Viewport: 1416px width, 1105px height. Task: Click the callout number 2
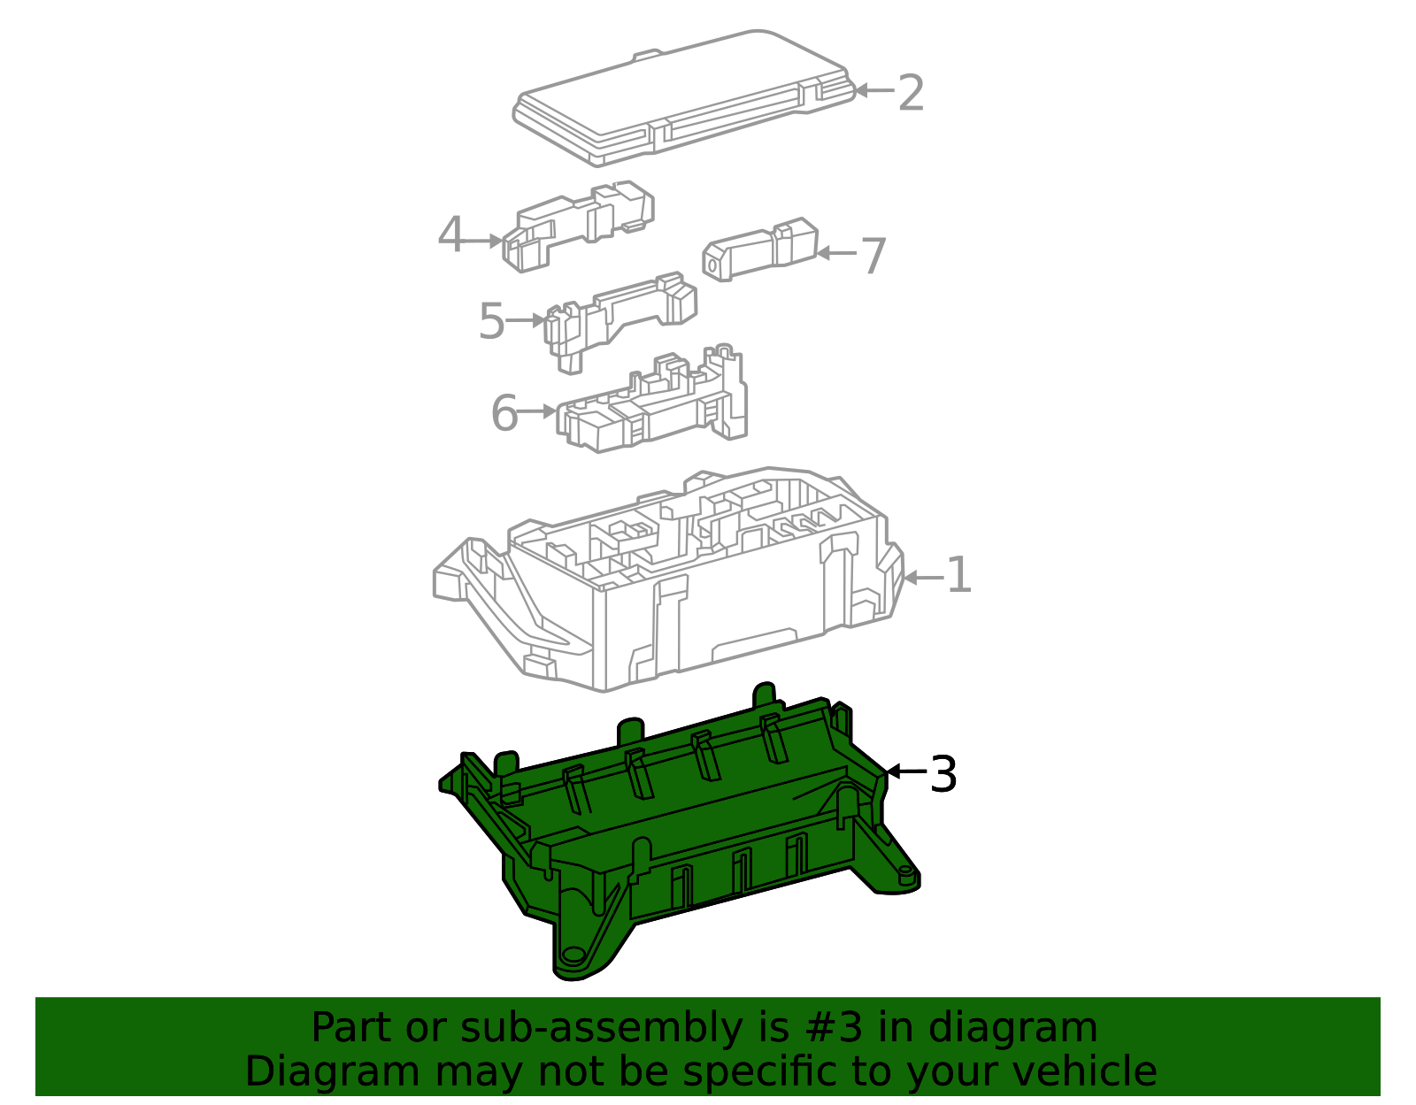[x=911, y=93]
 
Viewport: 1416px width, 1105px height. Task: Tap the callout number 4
[x=451, y=234]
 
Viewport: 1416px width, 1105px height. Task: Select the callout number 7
[x=873, y=256]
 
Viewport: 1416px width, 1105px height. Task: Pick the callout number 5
[x=492, y=320]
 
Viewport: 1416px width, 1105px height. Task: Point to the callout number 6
[x=504, y=413]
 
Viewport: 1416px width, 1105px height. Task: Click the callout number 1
[x=958, y=574]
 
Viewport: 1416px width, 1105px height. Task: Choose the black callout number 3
[x=943, y=774]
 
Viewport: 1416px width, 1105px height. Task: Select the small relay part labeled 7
[x=760, y=249]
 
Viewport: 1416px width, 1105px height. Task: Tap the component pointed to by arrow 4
[x=577, y=226]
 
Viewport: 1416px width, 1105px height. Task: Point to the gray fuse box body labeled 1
[x=668, y=579]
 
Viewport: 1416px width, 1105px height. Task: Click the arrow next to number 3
[x=906, y=771]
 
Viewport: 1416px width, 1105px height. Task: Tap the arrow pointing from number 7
[x=836, y=253]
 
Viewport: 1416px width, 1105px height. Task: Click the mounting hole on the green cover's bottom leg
[x=573, y=955]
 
